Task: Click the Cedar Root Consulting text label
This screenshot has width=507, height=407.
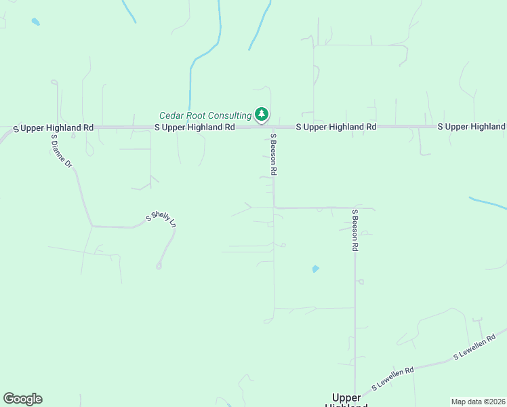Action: click(205, 116)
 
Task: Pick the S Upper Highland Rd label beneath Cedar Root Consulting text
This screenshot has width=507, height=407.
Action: click(195, 127)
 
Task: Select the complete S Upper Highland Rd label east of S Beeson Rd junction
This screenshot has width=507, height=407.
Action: click(336, 127)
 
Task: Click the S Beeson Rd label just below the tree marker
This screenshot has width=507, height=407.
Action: click(273, 155)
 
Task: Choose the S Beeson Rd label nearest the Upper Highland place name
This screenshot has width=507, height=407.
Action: click(354, 231)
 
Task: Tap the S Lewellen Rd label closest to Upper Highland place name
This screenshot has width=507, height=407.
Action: click(393, 380)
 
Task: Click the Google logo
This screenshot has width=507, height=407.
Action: click(22, 399)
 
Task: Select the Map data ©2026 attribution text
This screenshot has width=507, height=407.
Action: click(478, 402)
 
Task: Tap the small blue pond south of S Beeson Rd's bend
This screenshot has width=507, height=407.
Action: click(315, 269)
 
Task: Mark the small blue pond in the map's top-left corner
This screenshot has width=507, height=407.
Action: click(35, 22)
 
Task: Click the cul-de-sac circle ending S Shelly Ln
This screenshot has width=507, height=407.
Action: click(159, 266)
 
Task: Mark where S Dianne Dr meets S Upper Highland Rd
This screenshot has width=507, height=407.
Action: click(55, 127)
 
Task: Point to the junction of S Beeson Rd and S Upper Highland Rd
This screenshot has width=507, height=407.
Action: click(272, 126)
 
